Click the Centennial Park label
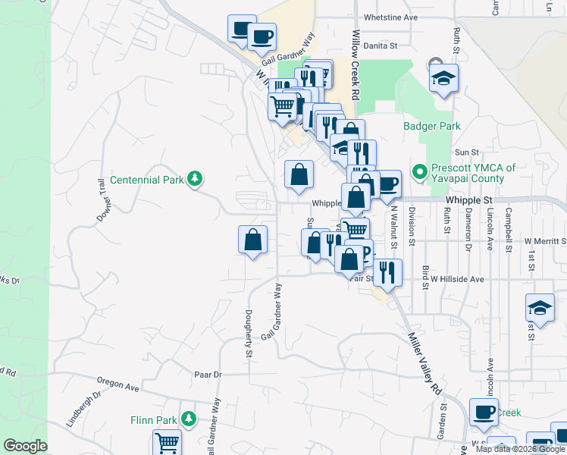click(x=146, y=180)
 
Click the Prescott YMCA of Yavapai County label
click(x=473, y=174)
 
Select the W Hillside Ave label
click(x=457, y=279)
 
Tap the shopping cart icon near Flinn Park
click(x=166, y=441)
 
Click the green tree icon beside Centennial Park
click(x=196, y=178)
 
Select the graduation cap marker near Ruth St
click(x=443, y=77)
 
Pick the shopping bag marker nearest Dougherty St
click(x=252, y=240)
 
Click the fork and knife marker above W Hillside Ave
click(x=387, y=272)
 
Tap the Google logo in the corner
click(x=25, y=446)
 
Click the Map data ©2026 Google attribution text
click(x=520, y=449)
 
